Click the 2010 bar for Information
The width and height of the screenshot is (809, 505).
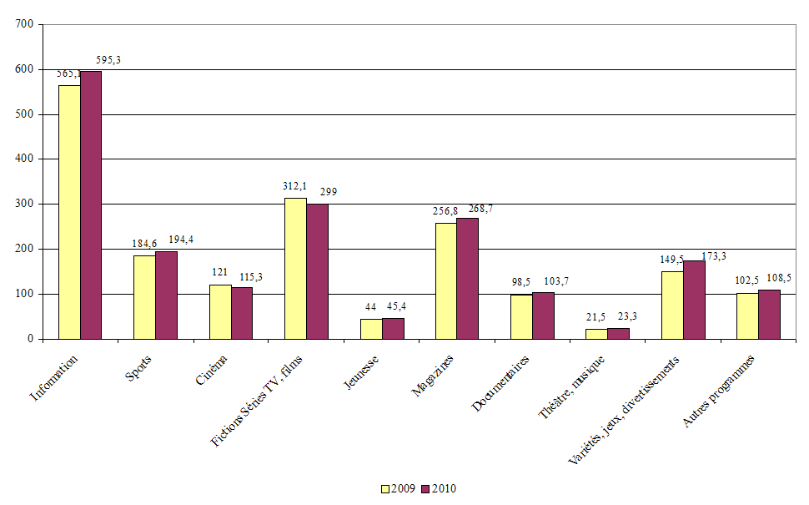[91, 205]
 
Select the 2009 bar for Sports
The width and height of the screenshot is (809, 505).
[144, 297]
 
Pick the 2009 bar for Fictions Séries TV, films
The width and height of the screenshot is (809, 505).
[295, 268]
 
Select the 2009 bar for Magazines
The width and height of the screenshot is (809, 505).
[446, 280]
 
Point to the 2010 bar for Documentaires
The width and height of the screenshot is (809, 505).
[543, 316]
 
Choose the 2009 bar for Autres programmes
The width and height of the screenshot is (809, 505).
[747, 316]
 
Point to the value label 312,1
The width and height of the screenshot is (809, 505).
[295, 185]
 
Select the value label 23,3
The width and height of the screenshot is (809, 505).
[619, 318]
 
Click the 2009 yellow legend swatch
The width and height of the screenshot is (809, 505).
[385, 489]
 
